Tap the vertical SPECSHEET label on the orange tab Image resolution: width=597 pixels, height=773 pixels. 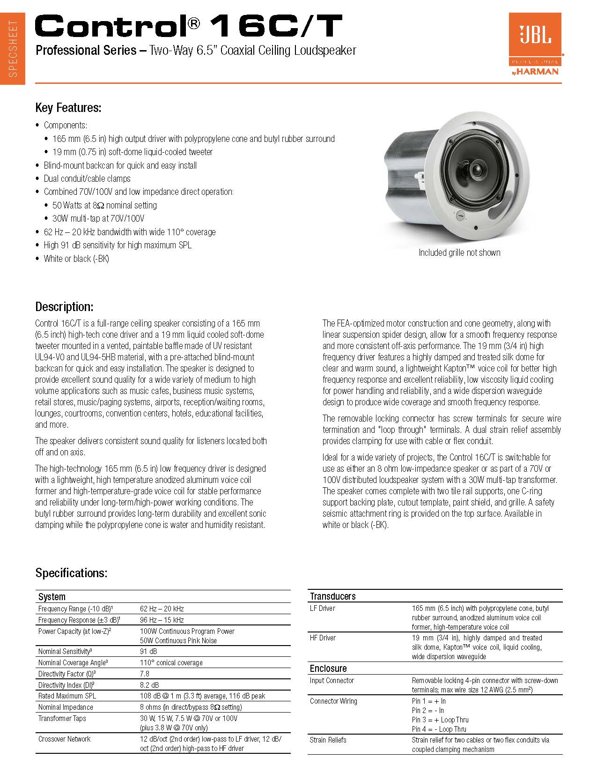pyautogui.click(x=13, y=49)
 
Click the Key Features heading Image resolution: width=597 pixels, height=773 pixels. pyautogui.click(x=68, y=108)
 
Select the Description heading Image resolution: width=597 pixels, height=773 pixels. pyautogui.click(x=64, y=307)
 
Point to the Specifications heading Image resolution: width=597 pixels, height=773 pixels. pyautogui.click(x=71, y=573)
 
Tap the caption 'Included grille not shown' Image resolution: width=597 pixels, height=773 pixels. pyautogui.click(x=459, y=253)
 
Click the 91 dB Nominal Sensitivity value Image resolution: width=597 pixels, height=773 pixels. pyautogui.click(x=148, y=651)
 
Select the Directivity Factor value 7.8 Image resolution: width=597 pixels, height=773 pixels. pyautogui.click(x=145, y=674)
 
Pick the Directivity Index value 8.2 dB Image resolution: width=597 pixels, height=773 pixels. pyautogui.click(x=149, y=685)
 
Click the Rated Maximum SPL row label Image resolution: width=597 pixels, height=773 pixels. pyautogui.click(x=67, y=696)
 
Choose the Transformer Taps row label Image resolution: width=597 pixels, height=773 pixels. pyautogui.click(x=62, y=718)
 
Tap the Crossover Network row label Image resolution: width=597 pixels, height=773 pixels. pyautogui.click(x=65, y=739)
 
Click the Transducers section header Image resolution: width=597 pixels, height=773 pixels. pyautogui.click(x=333, y=596)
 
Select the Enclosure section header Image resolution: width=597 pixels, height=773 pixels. pyautogui.click(x=328, y=669)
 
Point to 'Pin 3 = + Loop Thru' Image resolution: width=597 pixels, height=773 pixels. pyautogui.click(x=440, y=720)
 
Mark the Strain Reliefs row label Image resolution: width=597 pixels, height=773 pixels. pyautogui.click(x=328, y=740)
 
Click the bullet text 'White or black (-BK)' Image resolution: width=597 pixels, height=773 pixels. pyautogui.click(x=76, y=259)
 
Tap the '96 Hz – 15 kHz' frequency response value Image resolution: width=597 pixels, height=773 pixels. pyautogui.click(x=162, y=620)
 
